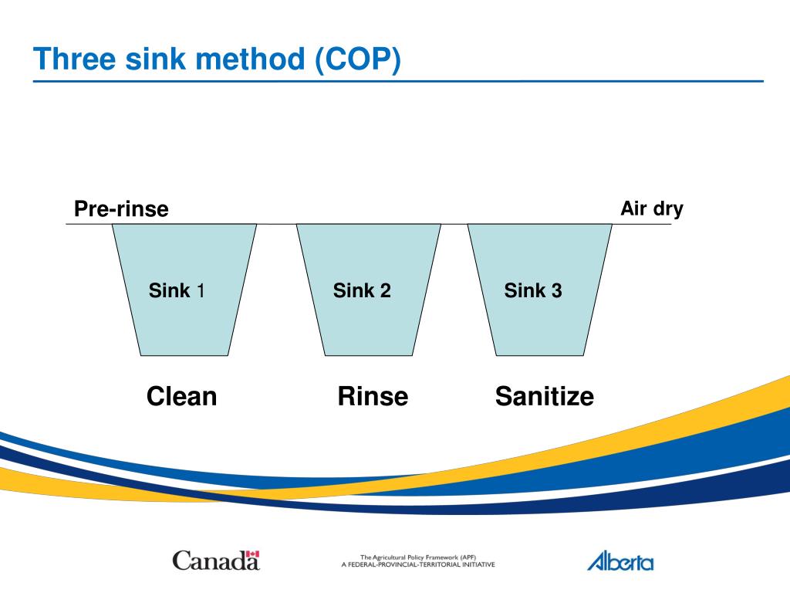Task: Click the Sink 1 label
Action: [x=177, y=290]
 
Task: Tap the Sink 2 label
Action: [x=362, y=290]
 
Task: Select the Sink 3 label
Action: [x=533, y=290]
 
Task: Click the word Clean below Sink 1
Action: [x=182, y=396]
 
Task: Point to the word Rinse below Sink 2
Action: [x=373, y=396]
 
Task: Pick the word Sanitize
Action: [x=545, y=396]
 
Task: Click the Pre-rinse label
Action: [x=121, y=208]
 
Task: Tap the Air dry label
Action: [x=652, y=208]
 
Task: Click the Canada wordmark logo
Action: [x=216, y=561]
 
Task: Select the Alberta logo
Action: [x=621, y=561]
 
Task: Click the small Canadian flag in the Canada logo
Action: [x=252, y=554]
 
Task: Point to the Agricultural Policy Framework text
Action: [x=418, y=557]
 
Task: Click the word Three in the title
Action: [x=75, y=59]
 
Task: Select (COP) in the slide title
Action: [x=358, y=59]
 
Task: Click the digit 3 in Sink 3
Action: [x=557, y=290]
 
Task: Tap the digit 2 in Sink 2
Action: [x=386, y=290]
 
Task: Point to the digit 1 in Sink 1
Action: [x=201, y=290]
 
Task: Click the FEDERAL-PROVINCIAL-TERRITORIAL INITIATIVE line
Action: [x=418, y=564]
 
